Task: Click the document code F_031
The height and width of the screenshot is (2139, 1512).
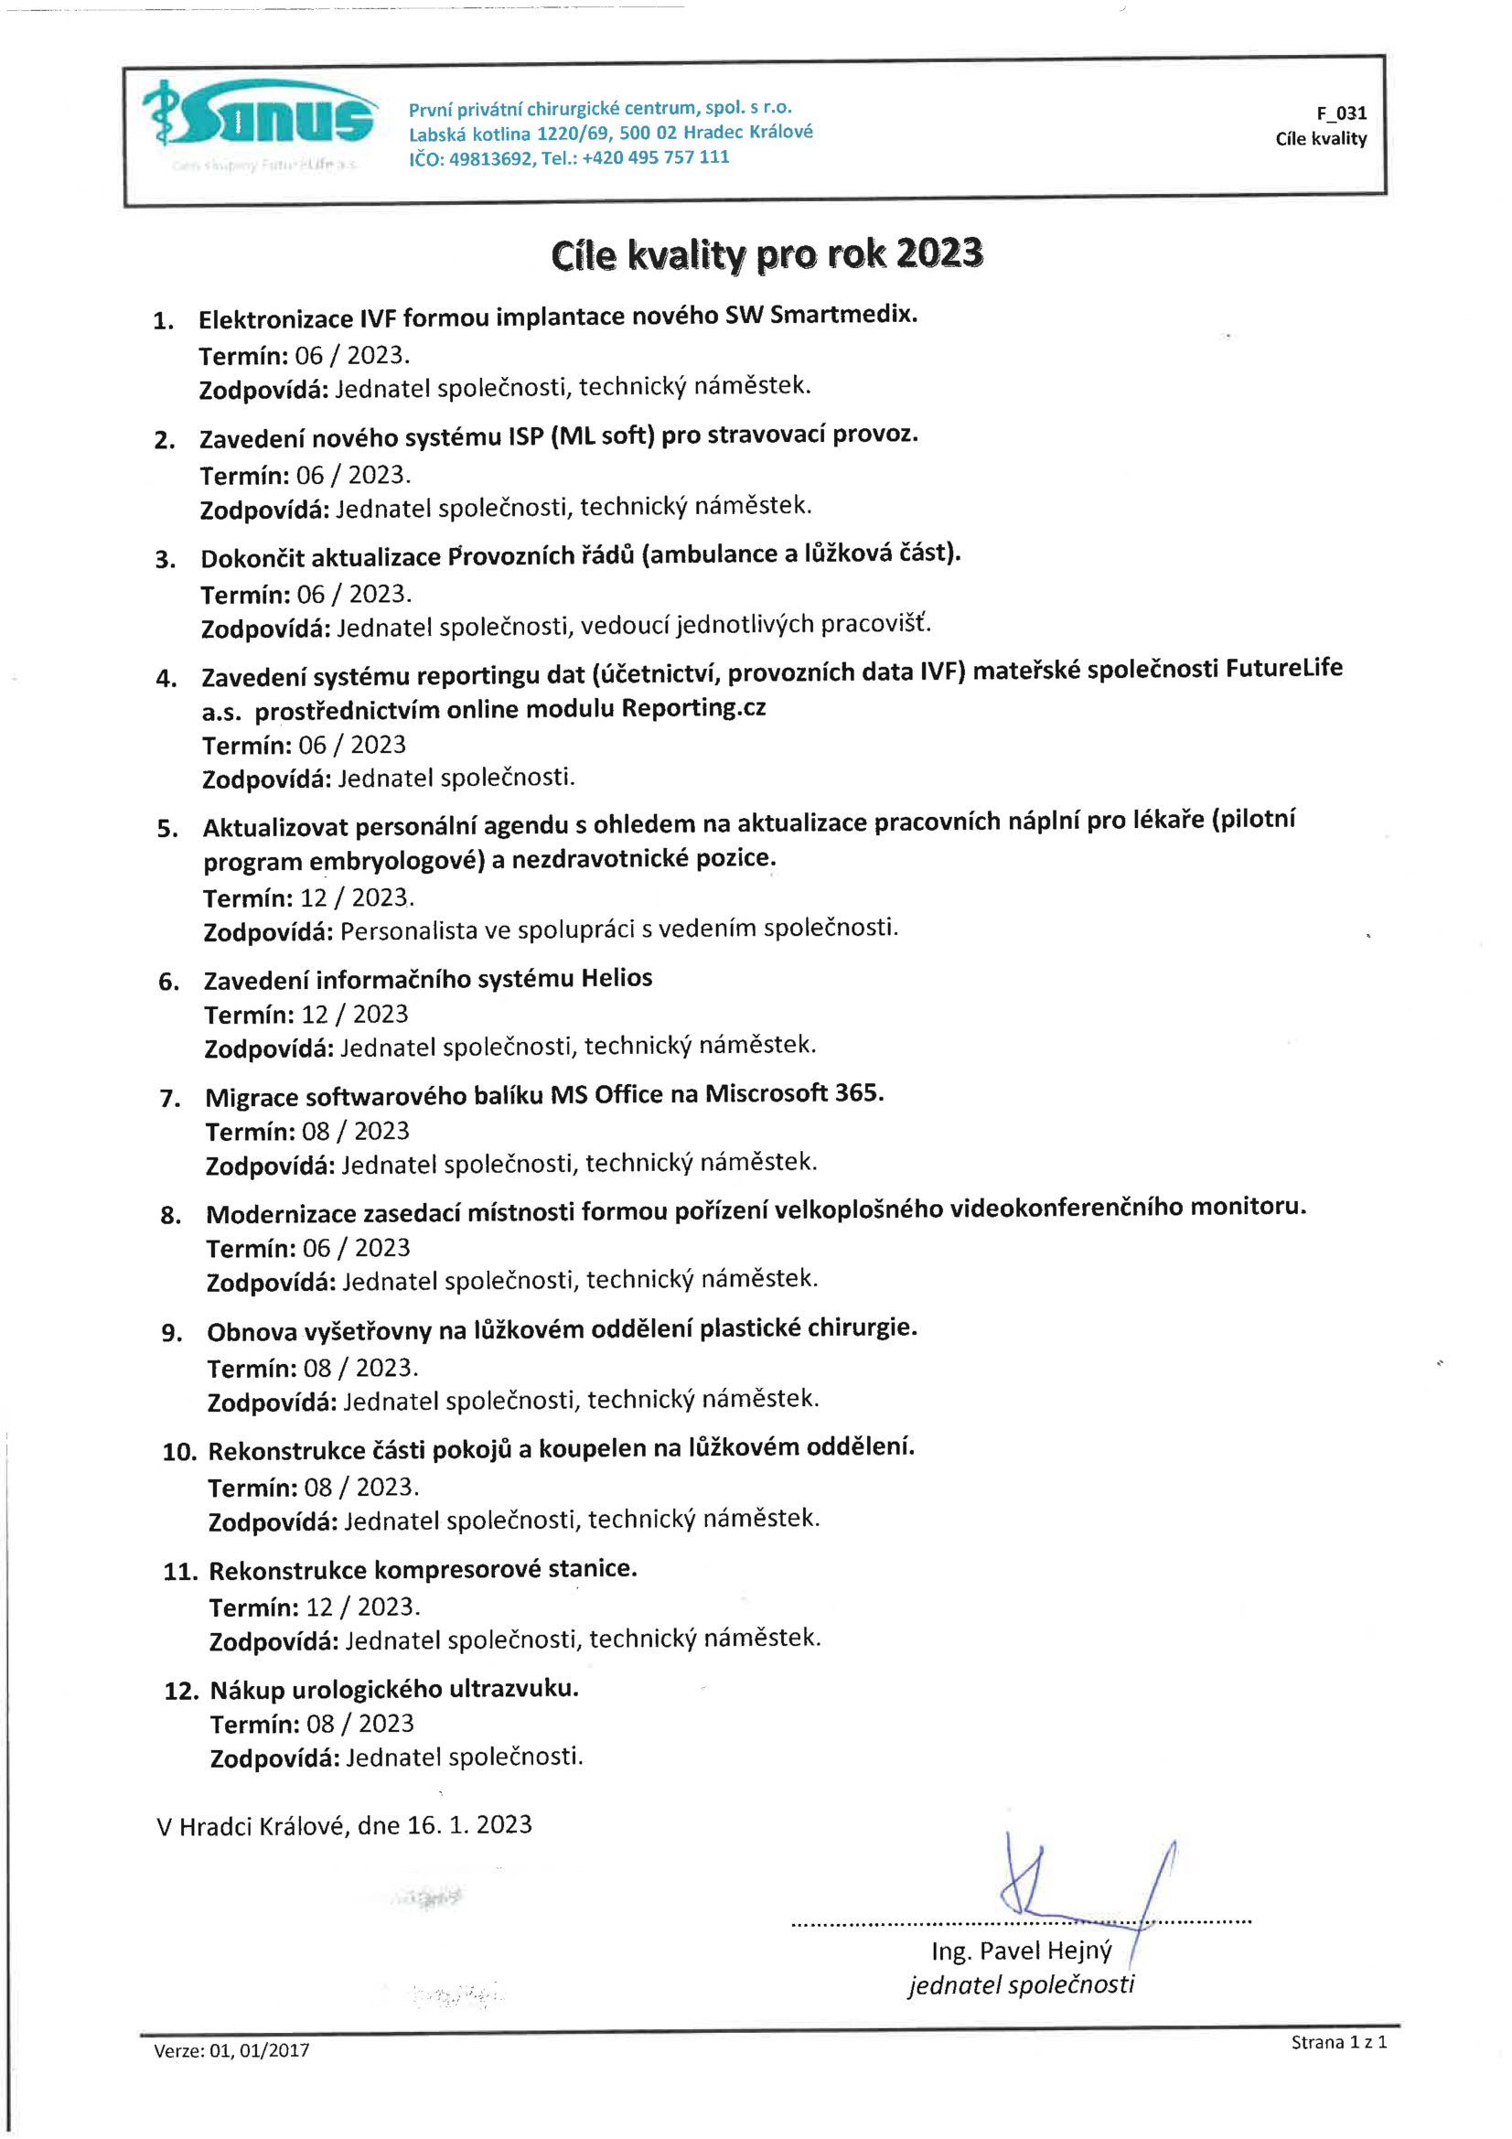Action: click(x=1341, y=113)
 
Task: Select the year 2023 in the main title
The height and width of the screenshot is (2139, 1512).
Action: click(x=939, y=253)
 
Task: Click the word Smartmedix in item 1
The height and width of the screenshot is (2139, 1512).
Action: click(x=842, y=315)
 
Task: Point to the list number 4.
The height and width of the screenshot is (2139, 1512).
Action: click(x=166, y=678)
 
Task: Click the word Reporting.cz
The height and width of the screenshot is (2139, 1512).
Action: click(x=693, y=708)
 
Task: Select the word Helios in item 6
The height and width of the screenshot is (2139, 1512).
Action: click(x=616, y=978)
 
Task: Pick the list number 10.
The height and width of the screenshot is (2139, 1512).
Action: click(x=179, y=1451)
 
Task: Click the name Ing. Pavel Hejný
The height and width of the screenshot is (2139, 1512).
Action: click(x=1021, y=1950)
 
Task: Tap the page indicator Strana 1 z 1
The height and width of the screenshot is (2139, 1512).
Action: click(x=1338, y=2042)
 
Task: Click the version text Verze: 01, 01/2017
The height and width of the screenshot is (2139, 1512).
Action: click(x=231, y=2049)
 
